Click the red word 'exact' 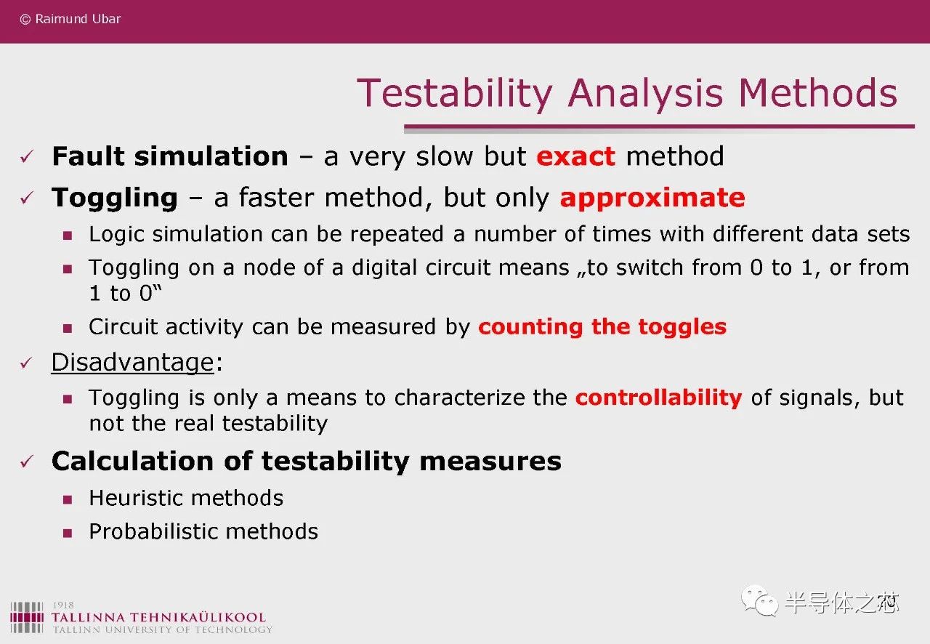pyautogui.click(x=575, y=156)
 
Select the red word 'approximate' pyautogui.click(x=652, y=198)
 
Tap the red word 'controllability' pyautogui.click(x=658, y=398)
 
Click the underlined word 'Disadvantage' pyautogui.click(x=132, y=362)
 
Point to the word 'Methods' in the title pyautogui.click(x=818, y=93)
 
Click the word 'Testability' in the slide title pyautogui.click(x=455, y=94)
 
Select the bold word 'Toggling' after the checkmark pyautogui.click(x=115, y=198)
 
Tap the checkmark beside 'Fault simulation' pyautogui.click(x=27, y=156)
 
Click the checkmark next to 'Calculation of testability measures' pyautogui.click(x=27, y=461)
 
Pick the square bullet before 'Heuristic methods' pyautogui.click(x=68, y=499)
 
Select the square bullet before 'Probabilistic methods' pyautogui.click(x=68, y=533)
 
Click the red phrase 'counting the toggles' pyautogui.click(x=602, y=327)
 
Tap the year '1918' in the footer pyautogui.click(x=63, y=605)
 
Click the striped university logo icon pyautogui.click(x=27, y=617)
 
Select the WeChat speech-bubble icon pyautogui.click(x=760, y=600)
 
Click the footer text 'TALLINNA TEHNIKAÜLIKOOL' pyautogui.click(x=158, y=617)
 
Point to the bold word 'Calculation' pyautogui.click(x=132, y=461)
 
